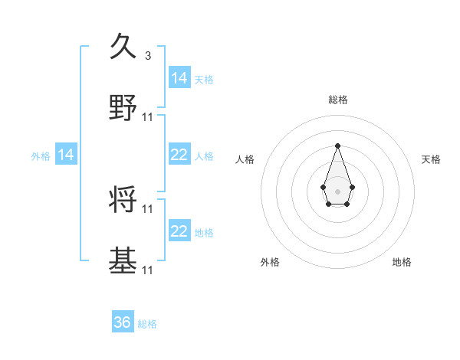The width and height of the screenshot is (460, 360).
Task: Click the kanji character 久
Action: pos(123,47)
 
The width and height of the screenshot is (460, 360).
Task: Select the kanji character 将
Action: pos(123,199)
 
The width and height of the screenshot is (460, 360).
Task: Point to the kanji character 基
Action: pos(123,260)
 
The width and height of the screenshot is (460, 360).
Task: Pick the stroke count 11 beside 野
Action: pos(148,116)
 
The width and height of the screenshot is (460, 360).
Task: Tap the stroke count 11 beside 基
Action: pos(148,270)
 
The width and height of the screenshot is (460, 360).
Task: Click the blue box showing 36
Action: pos(123,322)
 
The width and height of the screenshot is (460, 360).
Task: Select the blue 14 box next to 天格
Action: pos(179,78)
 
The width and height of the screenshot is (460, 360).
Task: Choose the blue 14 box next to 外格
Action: pos(66,155)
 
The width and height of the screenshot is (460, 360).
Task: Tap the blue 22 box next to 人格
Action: pos(179,155)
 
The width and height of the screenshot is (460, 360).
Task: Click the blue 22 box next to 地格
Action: pos(179,231)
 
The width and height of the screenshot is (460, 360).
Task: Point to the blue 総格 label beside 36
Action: pos(147,324)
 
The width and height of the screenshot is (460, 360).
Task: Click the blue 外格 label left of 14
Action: pos(41,155)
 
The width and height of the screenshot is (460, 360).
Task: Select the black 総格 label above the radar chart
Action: pos(338,100)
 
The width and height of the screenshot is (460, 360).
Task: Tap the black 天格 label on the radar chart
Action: pos(432,159)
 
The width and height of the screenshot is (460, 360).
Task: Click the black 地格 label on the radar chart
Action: pos(402,262)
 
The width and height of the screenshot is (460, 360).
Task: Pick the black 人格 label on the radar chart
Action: pos(245,159)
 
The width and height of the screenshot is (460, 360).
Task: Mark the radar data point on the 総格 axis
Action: pos(337,146)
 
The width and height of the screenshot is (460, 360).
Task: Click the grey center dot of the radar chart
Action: pos(337,190)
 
